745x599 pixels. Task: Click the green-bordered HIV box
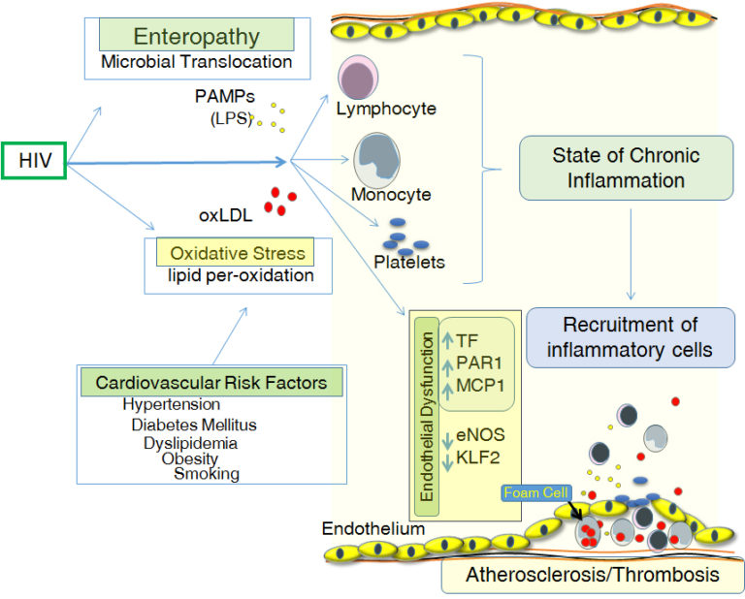point(33,159)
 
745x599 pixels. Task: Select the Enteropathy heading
point(196,37)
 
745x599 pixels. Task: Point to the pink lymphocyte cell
point(360,77)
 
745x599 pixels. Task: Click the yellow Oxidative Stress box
point(237,253)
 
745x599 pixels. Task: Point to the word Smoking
point(207,473)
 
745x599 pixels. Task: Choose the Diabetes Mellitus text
point(194,425)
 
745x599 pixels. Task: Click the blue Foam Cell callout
point(534,491)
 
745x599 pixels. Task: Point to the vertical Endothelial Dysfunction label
point(424,413)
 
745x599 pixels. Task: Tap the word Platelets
point(409,262)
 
